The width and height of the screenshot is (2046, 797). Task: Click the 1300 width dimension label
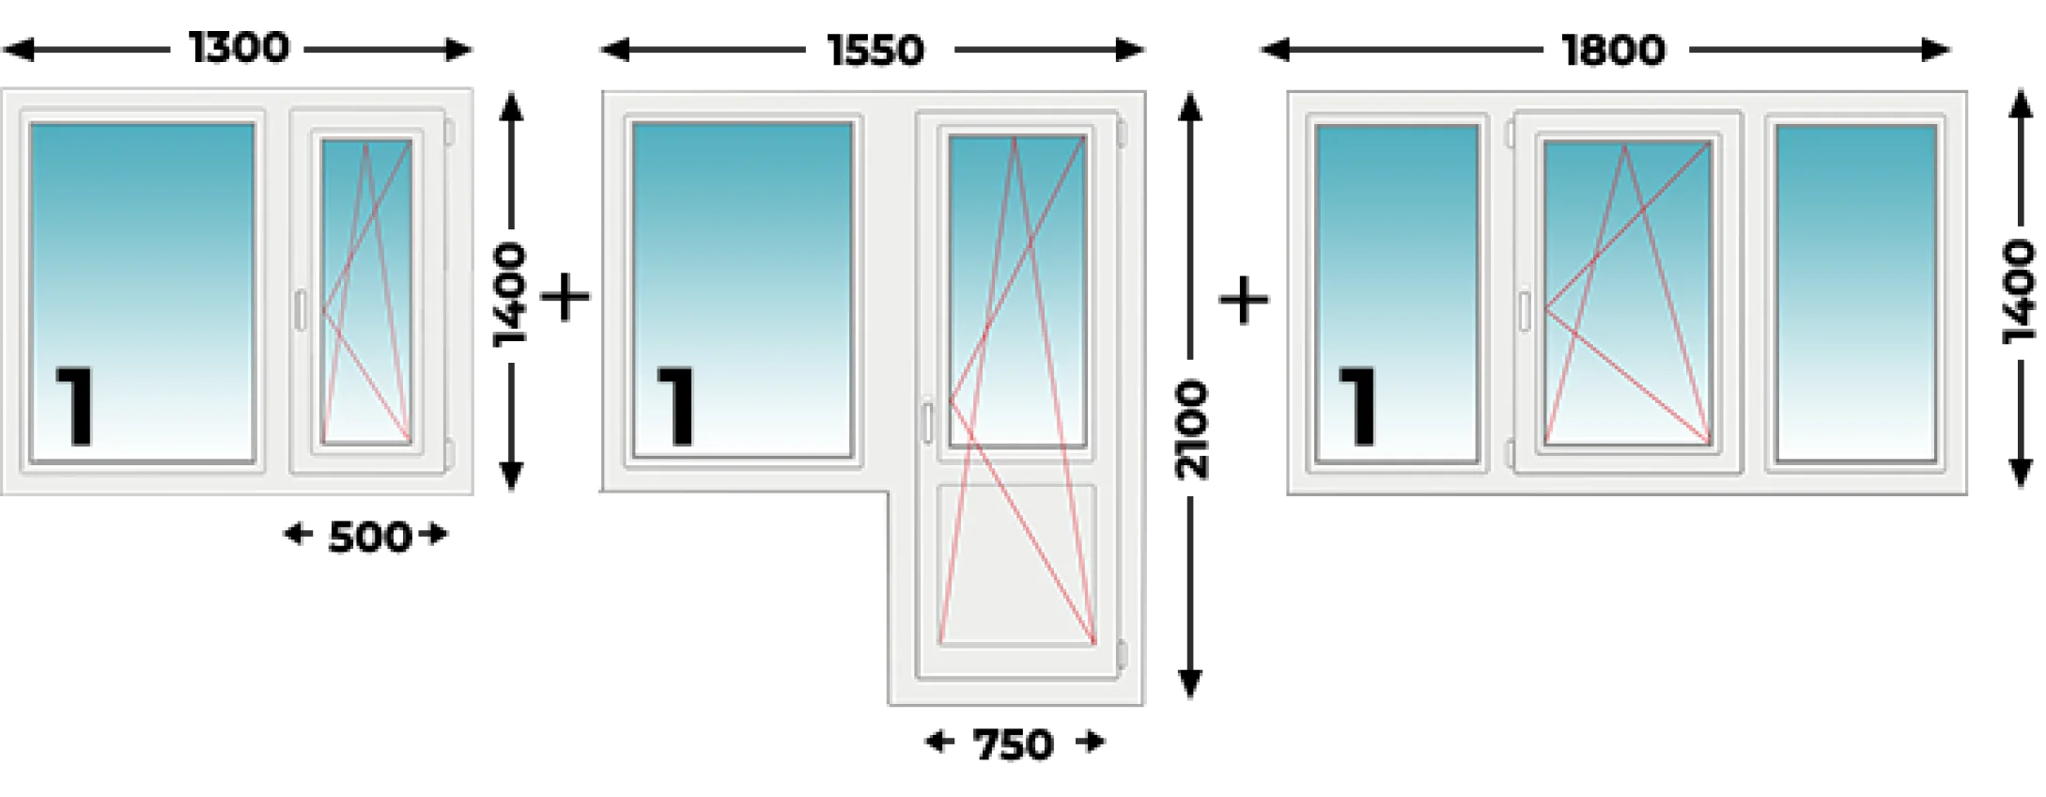click(x=239, y=48)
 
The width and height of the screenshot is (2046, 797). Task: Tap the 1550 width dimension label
click(x=876, y=50)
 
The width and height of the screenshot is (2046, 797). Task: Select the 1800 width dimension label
click(x=1613, y=50)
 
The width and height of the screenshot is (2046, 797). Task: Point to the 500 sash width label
click(x=369, y=537)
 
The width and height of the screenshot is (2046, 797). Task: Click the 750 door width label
click(x=1013, y=745)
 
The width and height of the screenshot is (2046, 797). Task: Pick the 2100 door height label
click(x=1191, y=430)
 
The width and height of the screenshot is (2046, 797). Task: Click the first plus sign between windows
click(x=566, y=298)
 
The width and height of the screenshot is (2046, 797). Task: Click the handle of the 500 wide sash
click(x=301, y=310)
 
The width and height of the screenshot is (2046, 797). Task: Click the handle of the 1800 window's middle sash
click(x=1525, y=312)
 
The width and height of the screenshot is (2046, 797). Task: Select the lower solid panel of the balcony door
click(x=1016, y=564)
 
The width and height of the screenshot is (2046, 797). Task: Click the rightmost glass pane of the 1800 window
click(x=1856, y=293)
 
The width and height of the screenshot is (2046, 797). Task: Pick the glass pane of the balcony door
click(x=1017, y=290)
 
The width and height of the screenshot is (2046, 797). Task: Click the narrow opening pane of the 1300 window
click(x=366, y=291)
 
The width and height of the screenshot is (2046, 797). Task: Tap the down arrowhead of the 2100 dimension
click(x=1191, y=683)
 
